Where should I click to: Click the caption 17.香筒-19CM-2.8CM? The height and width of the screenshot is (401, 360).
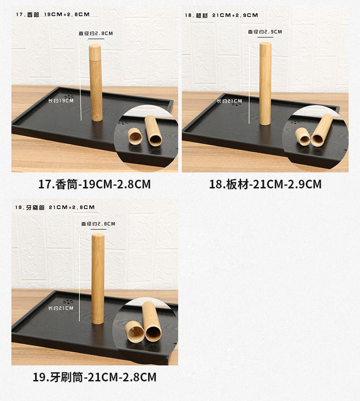[94, 184]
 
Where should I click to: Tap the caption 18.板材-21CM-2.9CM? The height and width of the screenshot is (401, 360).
[265, 184]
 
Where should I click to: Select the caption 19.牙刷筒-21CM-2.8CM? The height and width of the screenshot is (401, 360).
[94, 377]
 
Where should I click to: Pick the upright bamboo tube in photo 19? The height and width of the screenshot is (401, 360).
[98, 278]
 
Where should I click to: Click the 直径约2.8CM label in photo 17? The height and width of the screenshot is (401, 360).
[96, 33]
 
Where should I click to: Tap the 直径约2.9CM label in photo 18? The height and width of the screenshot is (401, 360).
[265, 32]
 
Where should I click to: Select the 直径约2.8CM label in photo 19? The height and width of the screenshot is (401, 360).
[98, 224]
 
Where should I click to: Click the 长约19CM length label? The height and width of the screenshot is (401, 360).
[61, 100]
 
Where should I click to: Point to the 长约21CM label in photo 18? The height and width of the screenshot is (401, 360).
[229, 101]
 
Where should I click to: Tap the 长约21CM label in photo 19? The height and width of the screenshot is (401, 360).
[61, 308]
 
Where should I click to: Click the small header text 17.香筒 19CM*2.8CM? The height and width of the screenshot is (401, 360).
[53, 15]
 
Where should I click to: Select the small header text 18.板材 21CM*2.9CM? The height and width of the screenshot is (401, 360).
[221, 15]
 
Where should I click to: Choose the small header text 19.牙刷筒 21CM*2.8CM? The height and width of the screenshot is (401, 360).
[55, 207]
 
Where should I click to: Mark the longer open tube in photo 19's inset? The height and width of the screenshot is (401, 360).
[151, 322]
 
